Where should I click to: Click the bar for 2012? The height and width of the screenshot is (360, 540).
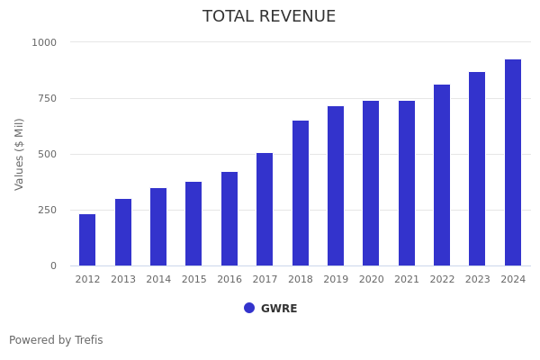point(87,240)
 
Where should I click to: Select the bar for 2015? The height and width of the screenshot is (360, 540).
point(193,224)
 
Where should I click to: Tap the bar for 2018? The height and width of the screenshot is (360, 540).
point(301,193)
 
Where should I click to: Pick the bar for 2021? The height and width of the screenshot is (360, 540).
point(407,184)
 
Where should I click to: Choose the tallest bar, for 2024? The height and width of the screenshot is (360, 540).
point(513,163)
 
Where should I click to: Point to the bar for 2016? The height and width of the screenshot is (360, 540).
point(229,219)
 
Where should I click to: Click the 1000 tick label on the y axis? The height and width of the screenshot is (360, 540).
point(44,42)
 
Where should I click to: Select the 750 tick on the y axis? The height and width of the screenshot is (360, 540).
point(47,98)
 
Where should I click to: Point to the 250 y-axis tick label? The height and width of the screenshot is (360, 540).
point(47,210)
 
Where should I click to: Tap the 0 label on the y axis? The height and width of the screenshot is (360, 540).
point(53,265)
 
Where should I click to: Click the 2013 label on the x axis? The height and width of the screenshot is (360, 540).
point(123,280)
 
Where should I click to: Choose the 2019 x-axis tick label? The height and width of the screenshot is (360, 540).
point(336,280)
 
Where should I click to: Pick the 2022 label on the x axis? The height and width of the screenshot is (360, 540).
point(442,280)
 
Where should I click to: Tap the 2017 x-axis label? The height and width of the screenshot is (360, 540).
point(265,280)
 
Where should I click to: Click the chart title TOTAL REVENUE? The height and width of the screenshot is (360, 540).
point(269,17)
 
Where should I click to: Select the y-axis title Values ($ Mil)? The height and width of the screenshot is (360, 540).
point(20,154)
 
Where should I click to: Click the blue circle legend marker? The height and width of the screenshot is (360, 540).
point(249,308)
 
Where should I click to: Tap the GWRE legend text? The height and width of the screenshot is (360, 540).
point(279,309)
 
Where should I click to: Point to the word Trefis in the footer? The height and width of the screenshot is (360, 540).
point(88,340)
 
